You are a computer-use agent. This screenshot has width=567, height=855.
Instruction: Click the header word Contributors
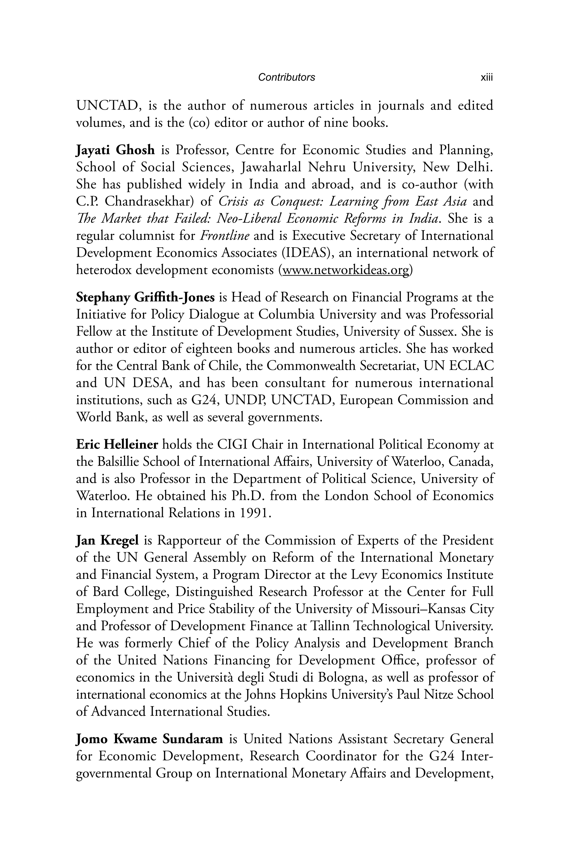point(286,77)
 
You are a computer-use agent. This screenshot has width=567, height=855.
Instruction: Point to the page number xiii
point(487,77)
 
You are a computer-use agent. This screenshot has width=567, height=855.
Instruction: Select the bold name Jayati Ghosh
point(115,150)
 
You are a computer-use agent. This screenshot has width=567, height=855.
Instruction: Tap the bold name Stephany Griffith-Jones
point(145,297)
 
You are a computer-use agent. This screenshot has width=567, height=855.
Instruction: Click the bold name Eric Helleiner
point(117,444)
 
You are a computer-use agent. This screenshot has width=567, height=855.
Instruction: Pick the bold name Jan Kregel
point(107,540)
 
